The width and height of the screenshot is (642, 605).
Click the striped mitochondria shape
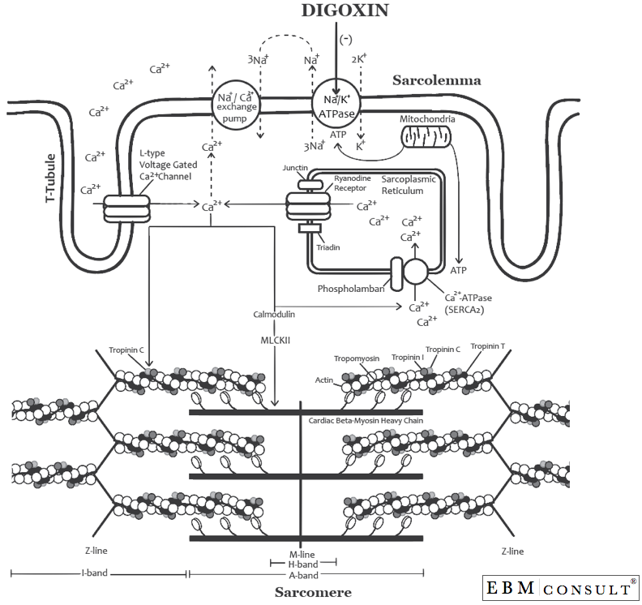[x=426, y=140]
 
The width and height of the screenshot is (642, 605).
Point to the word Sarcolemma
[x=437, y=80]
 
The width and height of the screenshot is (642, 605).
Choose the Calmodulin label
[x=273, y=313]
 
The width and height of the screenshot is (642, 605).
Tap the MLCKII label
[x=273, y=341]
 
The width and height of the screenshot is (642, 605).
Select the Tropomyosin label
[x=357, y=358]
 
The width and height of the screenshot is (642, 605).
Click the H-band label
[x=302, y=563]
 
